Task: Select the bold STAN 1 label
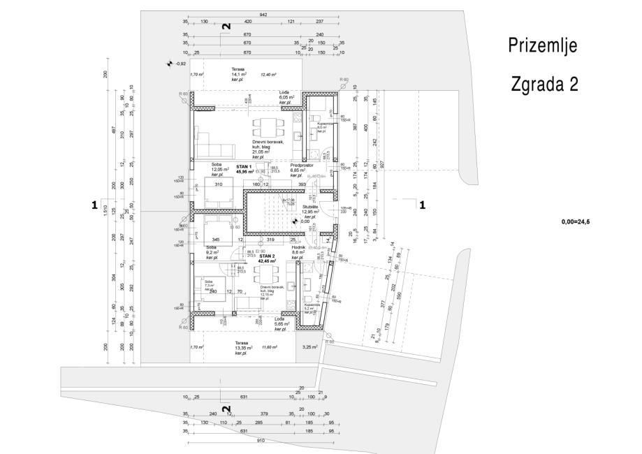tap(243, 167)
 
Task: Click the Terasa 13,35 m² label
tap(243, 346)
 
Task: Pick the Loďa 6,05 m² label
tap(286, 96)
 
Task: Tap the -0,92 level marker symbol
tap(168, 64)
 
